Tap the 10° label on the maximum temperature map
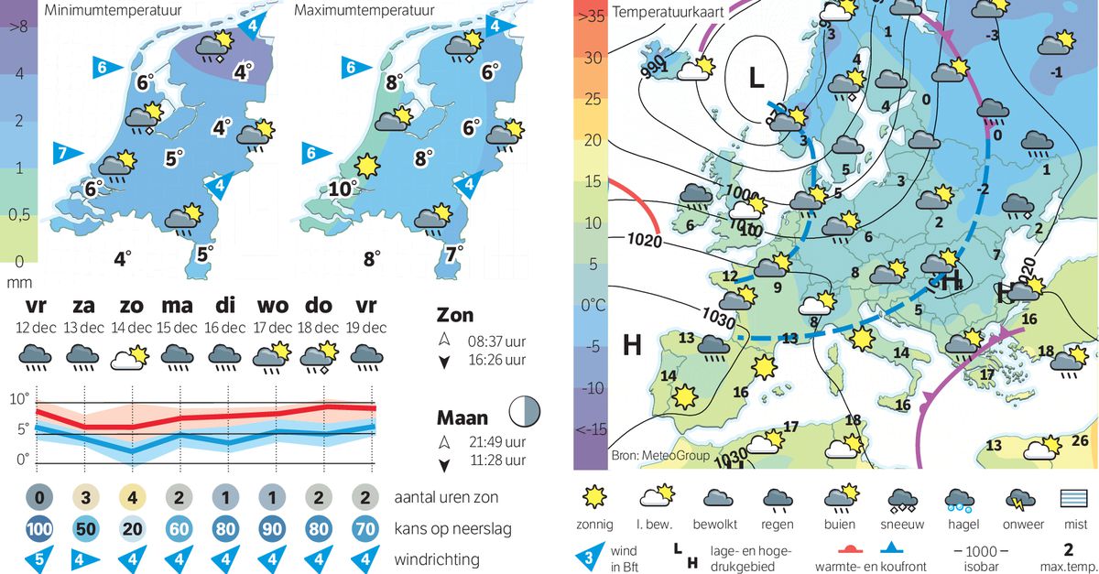pyautogui.click(x=343, y=190)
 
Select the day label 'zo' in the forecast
pyautogui.click(x=131, y=306)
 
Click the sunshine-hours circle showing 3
pyautogui.click(x=83, y=499)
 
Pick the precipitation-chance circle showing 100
pyautogui.click(x=37, y=529)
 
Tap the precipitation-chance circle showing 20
pyautogui.click(x=131, y=529)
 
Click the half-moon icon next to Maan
pyautogui.click(x=525, y=411)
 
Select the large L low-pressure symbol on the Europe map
pyautogui.click(x=756, y=79)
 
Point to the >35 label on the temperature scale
pyautogui.click(x=592, y=16)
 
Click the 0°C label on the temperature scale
pyautogui.click(x=592, y=305)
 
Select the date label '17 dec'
pyautogui.click(x=272, y=328)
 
